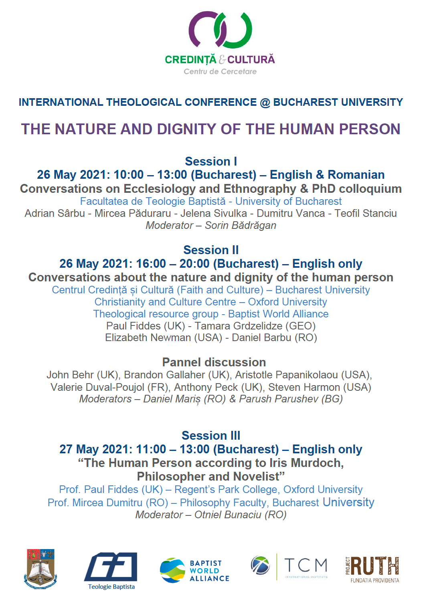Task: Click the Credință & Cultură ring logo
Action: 220,30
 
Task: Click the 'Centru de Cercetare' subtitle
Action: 220,72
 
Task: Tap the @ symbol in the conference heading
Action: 265,103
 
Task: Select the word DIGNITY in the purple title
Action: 187,129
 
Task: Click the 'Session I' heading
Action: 211,162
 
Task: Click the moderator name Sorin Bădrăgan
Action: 240,226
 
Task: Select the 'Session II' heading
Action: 211,250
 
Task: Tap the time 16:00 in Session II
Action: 151,264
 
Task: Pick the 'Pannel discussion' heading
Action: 214,362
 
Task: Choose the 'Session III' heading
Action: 211,436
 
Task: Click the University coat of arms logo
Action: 40,569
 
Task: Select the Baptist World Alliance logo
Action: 195,570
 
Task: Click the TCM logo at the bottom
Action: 289,567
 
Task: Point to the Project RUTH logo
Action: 372,569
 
